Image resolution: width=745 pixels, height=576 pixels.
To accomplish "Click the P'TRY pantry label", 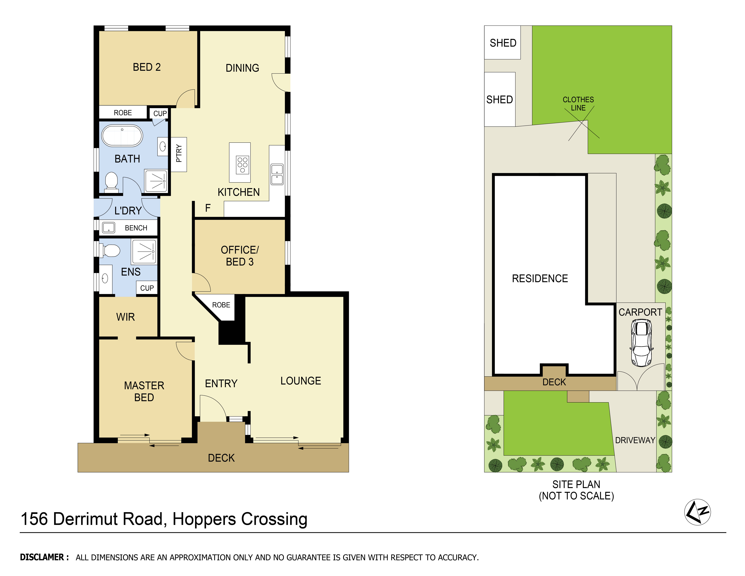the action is (179, 154).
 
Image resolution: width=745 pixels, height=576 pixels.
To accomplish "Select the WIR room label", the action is (126, 317).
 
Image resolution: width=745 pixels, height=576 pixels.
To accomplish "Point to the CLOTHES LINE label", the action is (578, 104).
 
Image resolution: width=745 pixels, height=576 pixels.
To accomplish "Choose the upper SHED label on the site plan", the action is (503, 43).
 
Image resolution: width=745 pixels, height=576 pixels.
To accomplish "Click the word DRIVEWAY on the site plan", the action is (635, 440).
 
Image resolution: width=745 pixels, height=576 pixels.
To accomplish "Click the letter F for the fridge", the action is (208, 208).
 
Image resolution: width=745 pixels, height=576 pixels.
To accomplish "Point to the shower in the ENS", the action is (144, 252).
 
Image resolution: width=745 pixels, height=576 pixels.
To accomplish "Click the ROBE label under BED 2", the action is (123, 113).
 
